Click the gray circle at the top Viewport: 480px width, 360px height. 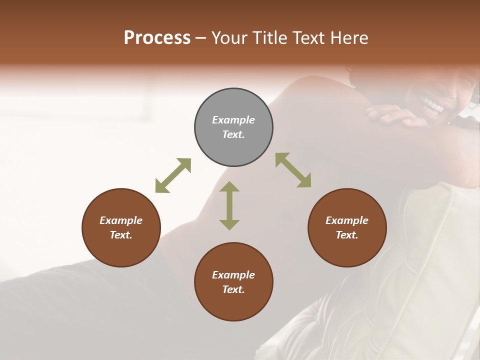tap(233, 127)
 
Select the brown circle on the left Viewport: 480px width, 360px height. tap(121, 227)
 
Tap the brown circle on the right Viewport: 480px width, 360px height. tap(347, 227)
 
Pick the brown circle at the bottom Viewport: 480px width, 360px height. tap(233, 282)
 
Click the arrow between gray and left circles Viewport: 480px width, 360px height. tap(173, 175)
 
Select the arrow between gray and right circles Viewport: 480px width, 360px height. tap(293, 170)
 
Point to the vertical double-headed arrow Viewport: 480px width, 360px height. tap(229, 205)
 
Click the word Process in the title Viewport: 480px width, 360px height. tap(157, 38)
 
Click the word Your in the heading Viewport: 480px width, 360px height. tap(228, 38)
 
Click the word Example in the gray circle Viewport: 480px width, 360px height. tap(233, 120)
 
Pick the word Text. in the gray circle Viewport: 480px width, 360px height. tap(233, 134)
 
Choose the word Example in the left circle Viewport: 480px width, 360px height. tap(121, 220)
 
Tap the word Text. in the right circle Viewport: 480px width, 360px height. tap(347, 235)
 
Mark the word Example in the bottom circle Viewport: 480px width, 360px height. tap(233, 275)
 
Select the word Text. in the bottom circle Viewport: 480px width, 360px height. tap(233, 289)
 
